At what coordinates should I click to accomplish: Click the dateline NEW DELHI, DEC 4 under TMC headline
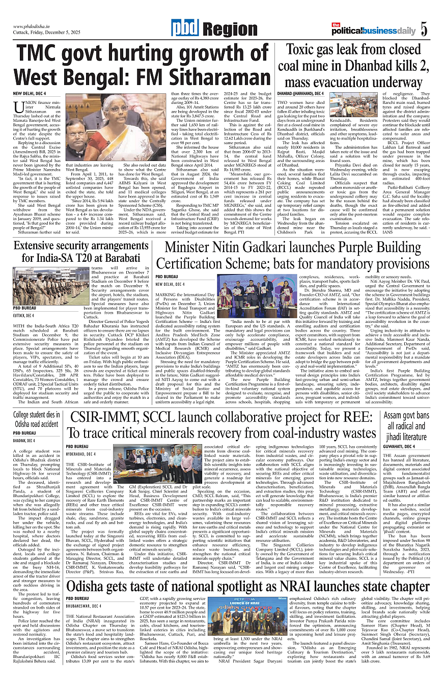pyautogui.click(x=30, y=94)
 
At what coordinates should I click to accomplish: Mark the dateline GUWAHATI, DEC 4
pyautogui.click(x=399, y=447)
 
